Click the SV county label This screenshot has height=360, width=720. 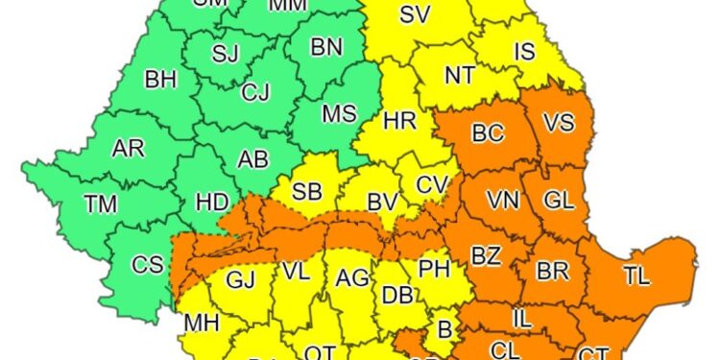tap(414, 14)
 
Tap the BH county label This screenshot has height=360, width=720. tap(159, 80)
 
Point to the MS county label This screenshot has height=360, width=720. tap(339, 113)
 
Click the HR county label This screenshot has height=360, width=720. tap(399, 122)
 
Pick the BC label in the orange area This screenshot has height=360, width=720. tap(488, 134)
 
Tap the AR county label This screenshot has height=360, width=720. tap(128, 148)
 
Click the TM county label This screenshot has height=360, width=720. tap(101, 204)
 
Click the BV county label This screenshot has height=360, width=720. tap(383, 203)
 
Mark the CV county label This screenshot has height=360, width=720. tap(432, 184)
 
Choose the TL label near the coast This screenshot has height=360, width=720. tap(636, 276)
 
